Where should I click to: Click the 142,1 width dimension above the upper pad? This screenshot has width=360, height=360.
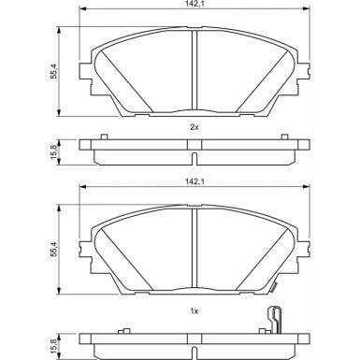click(x=194, y=7)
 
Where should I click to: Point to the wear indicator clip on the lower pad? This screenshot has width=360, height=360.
click(x=273, y=318)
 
